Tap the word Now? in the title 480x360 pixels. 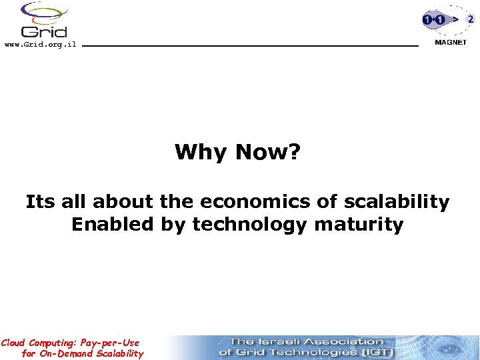coord(267,153)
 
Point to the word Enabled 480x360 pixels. coord(113,224)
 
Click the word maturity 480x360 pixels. coord(359,225)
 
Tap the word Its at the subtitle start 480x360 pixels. coord(39,201)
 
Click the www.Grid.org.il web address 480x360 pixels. coord(40,45)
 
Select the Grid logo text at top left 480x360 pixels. coord(44,31)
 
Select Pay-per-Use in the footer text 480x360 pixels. coord(110,343)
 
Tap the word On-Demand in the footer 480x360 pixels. coord(65,353)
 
